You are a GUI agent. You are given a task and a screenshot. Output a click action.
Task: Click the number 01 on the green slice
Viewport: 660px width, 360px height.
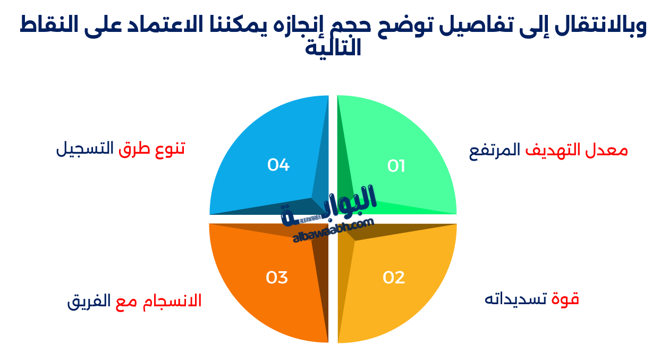[x=396, y=166]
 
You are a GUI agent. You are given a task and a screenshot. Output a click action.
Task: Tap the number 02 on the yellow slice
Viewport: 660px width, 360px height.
[x=394, y=278]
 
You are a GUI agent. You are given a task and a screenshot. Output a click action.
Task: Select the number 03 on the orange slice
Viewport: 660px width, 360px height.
[x=277, y=278]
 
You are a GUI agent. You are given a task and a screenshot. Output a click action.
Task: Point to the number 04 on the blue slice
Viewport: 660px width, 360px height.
[x=278, y=165]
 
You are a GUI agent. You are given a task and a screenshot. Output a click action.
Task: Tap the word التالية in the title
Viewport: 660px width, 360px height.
[x=333, y=48]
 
